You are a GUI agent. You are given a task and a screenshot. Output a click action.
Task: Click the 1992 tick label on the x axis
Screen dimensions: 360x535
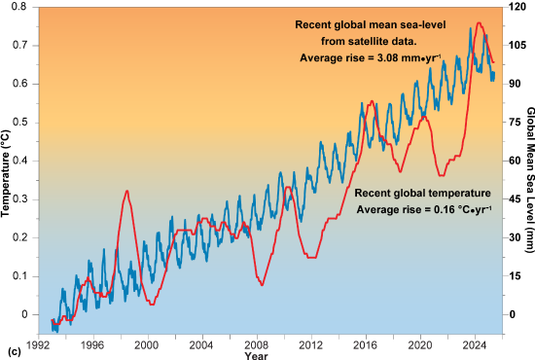pyautogui.click(x=38, y=344)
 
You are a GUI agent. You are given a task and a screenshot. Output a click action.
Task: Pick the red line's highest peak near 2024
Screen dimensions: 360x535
pyautogui.click(x=478, y=22)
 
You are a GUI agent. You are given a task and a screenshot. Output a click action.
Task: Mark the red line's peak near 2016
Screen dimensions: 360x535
pyautogui.click(x=370, y=100)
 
